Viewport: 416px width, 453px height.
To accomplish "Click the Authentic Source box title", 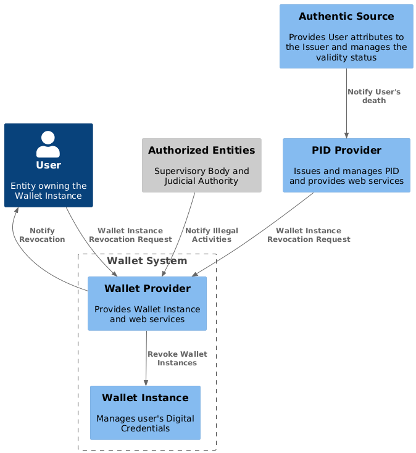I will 346,17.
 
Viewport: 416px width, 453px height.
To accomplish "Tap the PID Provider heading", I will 346,151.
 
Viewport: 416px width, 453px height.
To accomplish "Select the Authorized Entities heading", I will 202,151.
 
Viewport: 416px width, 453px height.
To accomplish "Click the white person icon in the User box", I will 48,144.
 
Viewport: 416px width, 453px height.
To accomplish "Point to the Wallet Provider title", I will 147,288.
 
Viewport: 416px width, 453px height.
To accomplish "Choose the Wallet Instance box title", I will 145,397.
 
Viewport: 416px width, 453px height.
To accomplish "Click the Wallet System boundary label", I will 147,261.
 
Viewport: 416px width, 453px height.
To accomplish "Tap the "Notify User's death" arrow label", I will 374,96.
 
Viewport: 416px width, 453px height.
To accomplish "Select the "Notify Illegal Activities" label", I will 212,235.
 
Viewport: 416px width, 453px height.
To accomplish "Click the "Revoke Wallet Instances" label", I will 177,359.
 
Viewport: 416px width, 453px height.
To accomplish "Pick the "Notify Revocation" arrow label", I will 42,235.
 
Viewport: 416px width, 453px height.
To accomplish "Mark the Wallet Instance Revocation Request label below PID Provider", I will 309,235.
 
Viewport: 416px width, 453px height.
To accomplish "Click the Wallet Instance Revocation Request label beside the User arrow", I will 130,235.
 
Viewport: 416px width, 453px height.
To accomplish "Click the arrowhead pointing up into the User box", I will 17,210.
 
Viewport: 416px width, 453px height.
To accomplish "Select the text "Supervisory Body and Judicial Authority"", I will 202,176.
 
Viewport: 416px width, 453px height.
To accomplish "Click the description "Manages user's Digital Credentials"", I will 145,423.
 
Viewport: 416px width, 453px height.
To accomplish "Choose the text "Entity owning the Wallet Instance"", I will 48,191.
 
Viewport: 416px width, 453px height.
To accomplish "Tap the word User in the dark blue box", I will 48,165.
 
